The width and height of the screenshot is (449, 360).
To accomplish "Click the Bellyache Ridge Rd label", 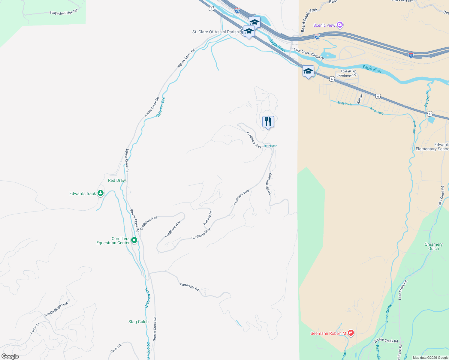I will coord(63,12).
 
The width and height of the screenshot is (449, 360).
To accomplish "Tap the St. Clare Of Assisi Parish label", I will coord(215,32).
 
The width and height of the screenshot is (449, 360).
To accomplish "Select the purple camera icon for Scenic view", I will coord(340,25).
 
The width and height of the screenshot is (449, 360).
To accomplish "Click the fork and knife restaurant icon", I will coord(268,122).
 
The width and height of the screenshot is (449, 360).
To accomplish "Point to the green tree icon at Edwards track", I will coord(101,193).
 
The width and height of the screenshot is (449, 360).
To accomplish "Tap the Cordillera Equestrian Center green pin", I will coord(134,240).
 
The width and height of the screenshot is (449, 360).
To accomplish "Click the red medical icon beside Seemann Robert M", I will coord(351,333).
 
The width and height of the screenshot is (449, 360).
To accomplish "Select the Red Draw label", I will coord(117,180).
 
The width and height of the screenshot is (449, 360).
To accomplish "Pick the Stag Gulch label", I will coord(138,322).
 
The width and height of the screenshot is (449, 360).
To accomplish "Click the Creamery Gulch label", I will coord(433,246).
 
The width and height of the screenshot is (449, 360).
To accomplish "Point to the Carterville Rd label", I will coord(189,287).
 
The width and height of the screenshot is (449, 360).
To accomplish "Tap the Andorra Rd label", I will coord(208,218).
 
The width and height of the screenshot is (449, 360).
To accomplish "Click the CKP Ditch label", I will coord(270,146).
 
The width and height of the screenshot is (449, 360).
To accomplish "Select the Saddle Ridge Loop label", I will coord(56,309).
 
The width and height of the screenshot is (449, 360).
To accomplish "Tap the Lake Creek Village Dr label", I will coord(309,54).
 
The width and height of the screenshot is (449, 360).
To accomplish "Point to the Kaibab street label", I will coord(360,99).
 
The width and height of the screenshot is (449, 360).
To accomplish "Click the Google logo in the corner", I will coord(10,356).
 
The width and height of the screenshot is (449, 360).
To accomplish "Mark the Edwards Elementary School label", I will coord(432,147).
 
